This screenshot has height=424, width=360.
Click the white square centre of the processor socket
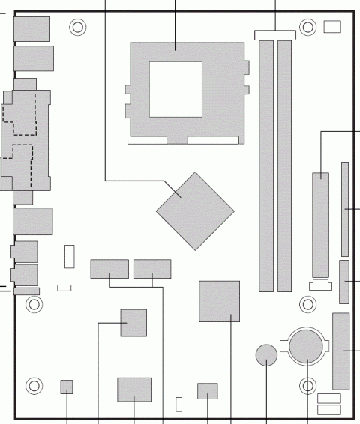pyautogui.click(x=176, y=89)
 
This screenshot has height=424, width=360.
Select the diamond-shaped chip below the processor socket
pyautogui.click(x=191, y=211)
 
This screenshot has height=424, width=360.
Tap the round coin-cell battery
pyautogui.click(x=307, y=345)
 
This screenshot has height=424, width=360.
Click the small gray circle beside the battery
pyautogui.click(x=266, y=354)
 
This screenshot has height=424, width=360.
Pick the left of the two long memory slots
pyautogui.click(x=266, y=166)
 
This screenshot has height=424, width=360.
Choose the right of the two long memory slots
pyautogui.click(x=284, y=166)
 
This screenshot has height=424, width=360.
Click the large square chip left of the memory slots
pyautogui.click(x=219, y=301)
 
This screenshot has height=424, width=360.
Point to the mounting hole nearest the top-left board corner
pyautogui.click(x=77, y=28)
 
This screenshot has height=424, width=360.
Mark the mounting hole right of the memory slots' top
pyautogui.click(x=307, y=28)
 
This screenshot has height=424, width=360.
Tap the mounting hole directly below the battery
pyautogui.click(x=307, y=387)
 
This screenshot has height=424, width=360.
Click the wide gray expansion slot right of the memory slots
pyautogui.click(x=321, y=225)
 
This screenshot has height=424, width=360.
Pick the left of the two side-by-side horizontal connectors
pyautogui.click(x=109, y=268)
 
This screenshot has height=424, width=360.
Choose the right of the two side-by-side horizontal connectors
pyautogui.click(x=152, y=268)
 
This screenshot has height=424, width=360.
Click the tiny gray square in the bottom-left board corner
pyautogui.click(x=67, y=386)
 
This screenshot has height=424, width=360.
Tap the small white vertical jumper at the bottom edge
pyautogui.click(x=179, y=404)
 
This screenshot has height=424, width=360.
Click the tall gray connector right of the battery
pyautogui.click(x=340, y=350)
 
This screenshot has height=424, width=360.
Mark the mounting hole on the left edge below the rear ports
pyautogui.click(x=33, y=304)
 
